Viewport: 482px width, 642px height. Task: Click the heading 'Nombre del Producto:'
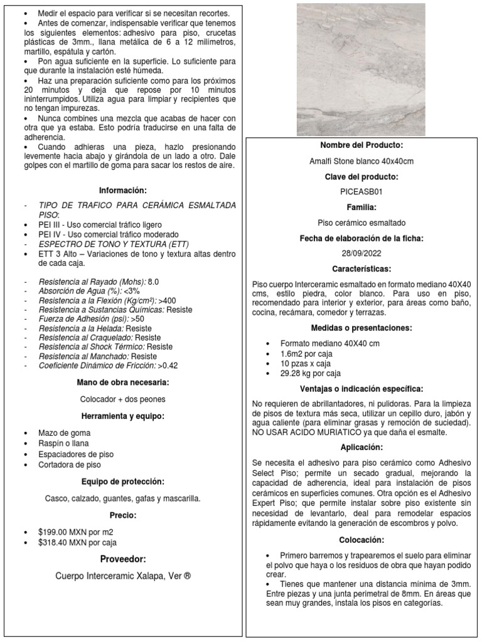[361, 145]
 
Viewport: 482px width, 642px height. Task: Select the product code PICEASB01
[361, 192]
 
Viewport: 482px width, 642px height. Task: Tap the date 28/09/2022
[361, 253]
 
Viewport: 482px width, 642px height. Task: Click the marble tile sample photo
[361, 69]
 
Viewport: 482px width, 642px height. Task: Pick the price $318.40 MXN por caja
[77, 542]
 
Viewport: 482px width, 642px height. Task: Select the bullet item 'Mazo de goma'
[64, 433]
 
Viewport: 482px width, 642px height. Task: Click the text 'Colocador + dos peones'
[122, 399]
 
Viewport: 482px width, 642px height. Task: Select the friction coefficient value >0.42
[168, 366]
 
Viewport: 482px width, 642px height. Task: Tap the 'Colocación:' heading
[361, 540]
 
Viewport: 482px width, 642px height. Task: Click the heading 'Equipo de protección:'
[122, 481]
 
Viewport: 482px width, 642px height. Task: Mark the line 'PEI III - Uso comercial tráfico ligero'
[100, 224]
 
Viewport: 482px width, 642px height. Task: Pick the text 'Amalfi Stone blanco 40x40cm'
[361, 161]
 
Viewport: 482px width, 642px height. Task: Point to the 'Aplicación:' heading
[361, 448]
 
